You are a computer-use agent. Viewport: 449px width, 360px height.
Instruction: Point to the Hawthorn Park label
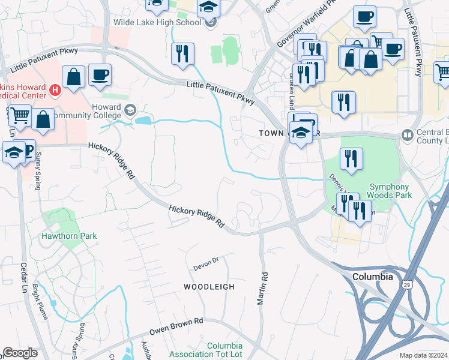click(68, 236)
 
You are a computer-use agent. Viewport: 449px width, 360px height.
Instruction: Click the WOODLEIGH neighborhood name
click(209, 287)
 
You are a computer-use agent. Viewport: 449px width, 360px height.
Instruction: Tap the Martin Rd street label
click(262, 289)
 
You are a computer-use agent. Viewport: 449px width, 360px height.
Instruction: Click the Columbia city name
click(372, 277)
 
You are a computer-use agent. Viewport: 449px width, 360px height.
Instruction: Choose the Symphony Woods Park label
click(390, 191)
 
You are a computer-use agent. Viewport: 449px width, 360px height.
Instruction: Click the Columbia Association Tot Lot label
click(225, 350)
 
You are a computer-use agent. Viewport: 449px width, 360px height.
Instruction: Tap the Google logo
click(20, 353)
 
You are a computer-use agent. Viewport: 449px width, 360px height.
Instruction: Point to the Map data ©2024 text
click(423, 355)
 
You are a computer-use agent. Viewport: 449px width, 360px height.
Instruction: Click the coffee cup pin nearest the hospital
click(100, 75)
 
